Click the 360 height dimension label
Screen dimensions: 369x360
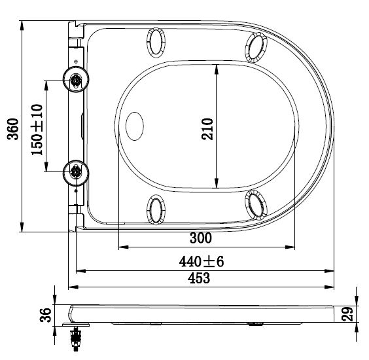tap(12, 129)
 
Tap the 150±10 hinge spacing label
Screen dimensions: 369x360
tap(37, 130)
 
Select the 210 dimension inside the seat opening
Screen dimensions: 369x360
tap(207, 129)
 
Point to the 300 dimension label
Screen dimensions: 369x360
tap(201, 238)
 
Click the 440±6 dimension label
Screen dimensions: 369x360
tap(202, 261)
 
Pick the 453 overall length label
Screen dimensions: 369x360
tap(199, 278)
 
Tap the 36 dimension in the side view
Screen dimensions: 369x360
tap(45, 315)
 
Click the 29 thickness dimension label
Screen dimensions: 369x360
tap(347, 314)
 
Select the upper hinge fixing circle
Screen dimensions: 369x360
tap(75, 79)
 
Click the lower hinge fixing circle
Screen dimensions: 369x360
tap(75, 173)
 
